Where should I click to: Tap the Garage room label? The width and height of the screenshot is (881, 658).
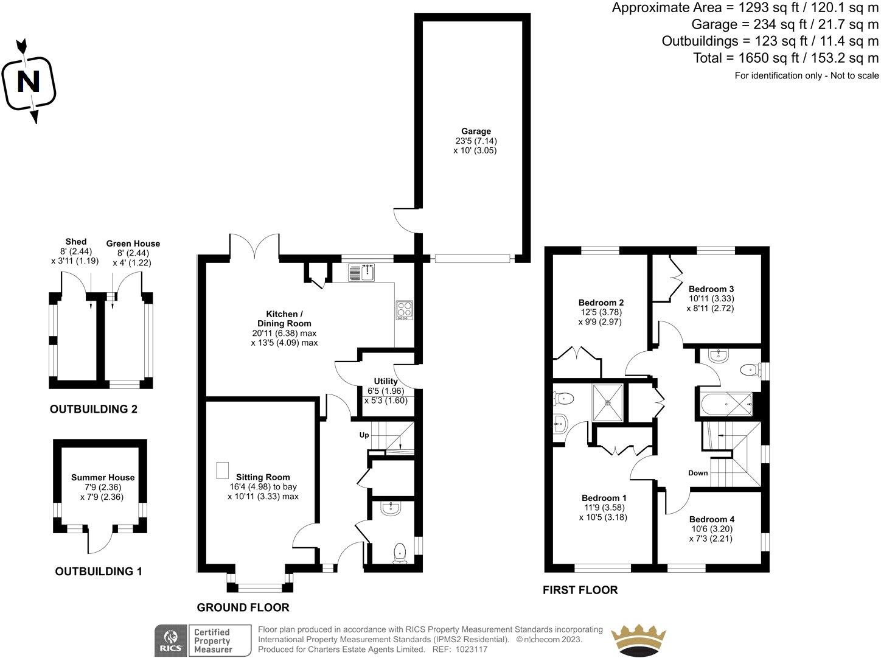point(475,131)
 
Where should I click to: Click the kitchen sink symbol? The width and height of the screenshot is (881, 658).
point(363,273)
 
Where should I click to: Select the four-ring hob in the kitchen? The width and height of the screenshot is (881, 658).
point(405,310)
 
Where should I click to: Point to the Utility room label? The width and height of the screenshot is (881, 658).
point(386,382)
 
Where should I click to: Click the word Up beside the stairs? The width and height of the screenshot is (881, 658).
point(364,435)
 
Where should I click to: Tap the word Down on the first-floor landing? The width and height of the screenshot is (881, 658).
point(698,473)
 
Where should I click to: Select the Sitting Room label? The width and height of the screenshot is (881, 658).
point(263,477)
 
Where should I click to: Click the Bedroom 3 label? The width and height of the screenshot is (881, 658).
point(711,289)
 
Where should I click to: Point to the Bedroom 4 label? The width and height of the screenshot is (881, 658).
point(711,519)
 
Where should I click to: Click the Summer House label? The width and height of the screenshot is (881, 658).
point(103,478)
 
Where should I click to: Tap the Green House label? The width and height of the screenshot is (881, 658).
point(133,243)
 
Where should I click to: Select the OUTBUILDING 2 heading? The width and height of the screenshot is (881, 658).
point(93,410)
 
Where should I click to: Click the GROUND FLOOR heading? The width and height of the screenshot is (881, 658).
point(243,607)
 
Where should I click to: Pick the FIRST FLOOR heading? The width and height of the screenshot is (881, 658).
point(580,590)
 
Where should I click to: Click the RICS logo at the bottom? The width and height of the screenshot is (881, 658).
point(170,640)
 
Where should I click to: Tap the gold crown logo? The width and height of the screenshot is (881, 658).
point(639,640)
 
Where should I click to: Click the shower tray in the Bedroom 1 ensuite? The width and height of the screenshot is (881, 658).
point(608,402)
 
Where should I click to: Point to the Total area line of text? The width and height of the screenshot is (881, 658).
point(786,58)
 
